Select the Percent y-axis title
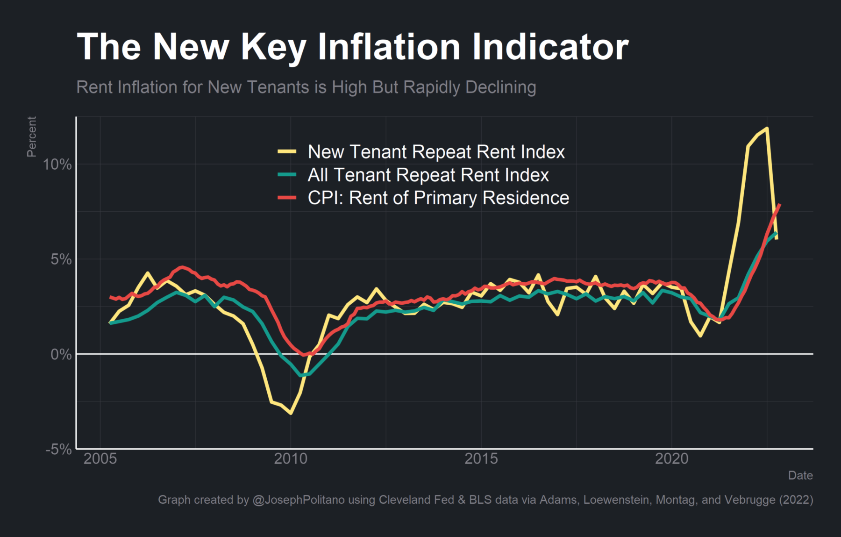point(31,136)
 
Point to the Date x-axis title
point(800,475)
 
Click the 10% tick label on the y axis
point(57,165)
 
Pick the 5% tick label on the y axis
point(61,259)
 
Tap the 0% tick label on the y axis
point(61,354)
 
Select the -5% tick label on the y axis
point(58,449)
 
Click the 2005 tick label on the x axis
point(100,459)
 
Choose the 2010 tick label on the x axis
point(291,459)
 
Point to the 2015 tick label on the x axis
point(481,459)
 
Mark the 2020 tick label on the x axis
point(671,459)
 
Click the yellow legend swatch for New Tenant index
point(287,151)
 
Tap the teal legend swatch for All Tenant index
point(287,175)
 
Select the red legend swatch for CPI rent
point(287,198)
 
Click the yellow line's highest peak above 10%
point(767,129)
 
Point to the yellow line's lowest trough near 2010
point(291,413)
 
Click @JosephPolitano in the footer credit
point(299,500)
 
